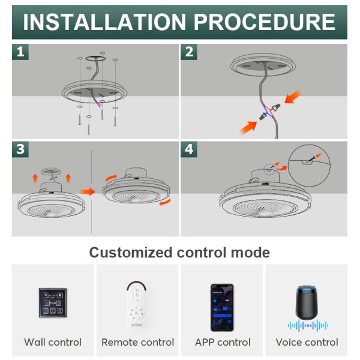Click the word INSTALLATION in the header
104,22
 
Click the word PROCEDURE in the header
265,22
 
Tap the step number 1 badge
20,52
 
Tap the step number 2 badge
189,52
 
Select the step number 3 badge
20,149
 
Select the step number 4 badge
189,149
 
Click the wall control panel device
53,303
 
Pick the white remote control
137,305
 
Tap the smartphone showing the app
222,308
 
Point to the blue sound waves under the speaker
308,325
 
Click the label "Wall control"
53,342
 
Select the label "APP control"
223,342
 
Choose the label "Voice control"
307,342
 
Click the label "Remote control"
138,342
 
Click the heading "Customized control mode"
179,253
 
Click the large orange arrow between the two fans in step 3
87,191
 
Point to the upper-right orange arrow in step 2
293,97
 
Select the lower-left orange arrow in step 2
248,128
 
